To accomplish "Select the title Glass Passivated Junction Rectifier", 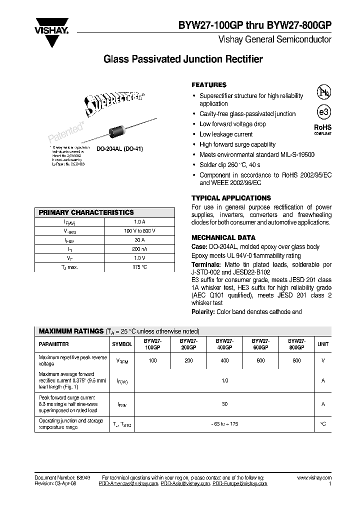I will pos(183,59).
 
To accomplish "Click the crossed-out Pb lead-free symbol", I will pos(323,92).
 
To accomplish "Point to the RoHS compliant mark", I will pos(322,129).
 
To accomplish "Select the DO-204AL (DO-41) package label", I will pos(120,149).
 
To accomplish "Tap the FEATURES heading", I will pos(209,85).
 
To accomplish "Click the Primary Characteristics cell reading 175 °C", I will pos(139,267).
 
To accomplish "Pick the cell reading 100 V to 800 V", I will pos(139,231).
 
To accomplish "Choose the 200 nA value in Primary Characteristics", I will pos(139,249).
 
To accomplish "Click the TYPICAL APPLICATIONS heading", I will pos(231,198).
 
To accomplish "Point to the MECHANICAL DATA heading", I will pos(223,237).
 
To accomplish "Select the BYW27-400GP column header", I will pos(224,344).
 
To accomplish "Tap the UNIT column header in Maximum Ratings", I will pos(323,344).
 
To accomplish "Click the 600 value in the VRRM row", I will pos(260,361).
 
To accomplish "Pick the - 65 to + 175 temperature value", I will pos(224,423).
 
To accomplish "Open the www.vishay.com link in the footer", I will pos(313,478).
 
